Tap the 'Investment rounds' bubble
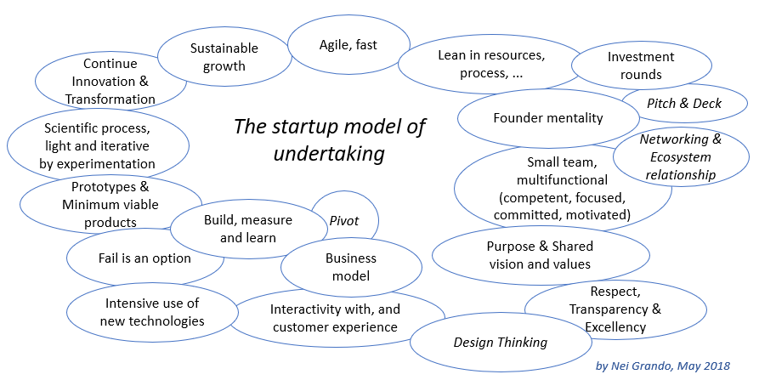(x=641, y=65)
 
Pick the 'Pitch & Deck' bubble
(x=684, y=104)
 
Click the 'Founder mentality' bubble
(x=547, y=118)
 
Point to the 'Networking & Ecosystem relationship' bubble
(x=680, y=157)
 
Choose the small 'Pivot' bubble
(x=343, y=221)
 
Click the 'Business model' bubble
(x=350, y=267)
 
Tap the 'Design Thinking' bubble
(x=500, y=343)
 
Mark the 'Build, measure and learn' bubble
(x=247, y=229)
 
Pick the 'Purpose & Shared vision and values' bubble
(x=540, y=255)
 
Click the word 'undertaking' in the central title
(x=329, y=153)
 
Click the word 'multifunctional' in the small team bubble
(x=562, y=179)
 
